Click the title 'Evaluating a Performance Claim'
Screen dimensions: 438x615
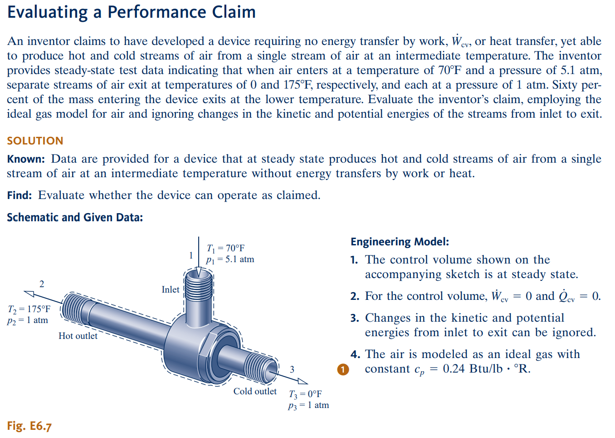coord(132,12)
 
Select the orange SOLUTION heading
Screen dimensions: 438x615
coord(35,141)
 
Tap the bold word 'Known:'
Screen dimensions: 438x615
coord(26,159)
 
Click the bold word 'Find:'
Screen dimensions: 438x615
coord(20,195)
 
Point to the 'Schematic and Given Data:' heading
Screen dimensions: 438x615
coord(75,218)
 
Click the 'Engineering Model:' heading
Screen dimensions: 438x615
coord(400,242)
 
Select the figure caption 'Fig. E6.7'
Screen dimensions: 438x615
coord(29,426)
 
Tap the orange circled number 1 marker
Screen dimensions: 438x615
coord(343,369)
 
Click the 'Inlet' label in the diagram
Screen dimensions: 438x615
coord(171,289)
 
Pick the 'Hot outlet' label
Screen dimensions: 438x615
coord(78,336)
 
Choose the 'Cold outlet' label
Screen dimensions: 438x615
coord(255,391)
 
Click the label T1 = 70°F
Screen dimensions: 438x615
coord(225,248)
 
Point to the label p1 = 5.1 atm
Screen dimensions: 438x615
coord(230,259)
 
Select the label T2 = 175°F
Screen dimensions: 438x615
coord(29,309)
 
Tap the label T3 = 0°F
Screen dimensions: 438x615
coord(305,394)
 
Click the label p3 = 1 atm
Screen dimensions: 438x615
coord(308,405)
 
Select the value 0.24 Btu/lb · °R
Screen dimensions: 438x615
coord(486,369)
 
